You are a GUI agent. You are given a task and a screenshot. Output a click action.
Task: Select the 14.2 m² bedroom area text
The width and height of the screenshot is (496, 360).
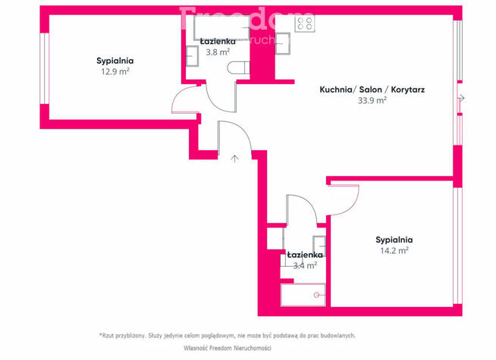[394, 250]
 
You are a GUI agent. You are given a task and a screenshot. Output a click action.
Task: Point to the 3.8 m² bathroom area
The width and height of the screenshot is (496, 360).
[218, 53]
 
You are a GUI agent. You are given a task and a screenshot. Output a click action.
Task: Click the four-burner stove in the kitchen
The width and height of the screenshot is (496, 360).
[305, 22]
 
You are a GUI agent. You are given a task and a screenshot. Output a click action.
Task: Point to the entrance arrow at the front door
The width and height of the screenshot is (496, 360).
[235, 158]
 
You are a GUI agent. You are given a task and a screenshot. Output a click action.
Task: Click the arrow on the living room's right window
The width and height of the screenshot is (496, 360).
[462, 99]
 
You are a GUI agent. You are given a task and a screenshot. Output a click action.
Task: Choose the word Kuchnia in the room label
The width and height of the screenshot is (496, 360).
[335, 89]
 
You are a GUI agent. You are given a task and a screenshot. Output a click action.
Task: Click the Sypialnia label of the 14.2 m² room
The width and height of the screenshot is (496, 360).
[394, 239]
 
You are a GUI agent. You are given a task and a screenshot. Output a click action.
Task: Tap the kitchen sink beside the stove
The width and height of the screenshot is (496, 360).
[280, 43]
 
